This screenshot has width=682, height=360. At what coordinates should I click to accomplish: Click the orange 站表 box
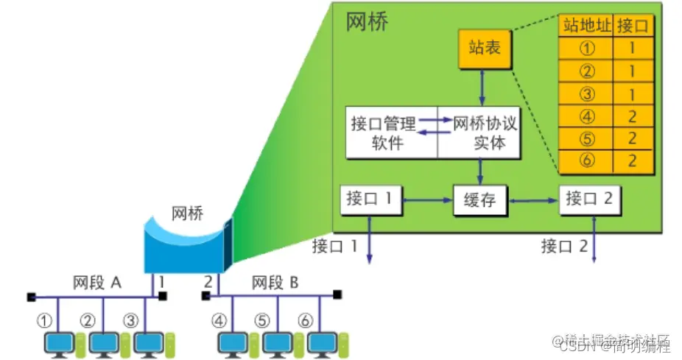pyautogui.click(x=484, y=49)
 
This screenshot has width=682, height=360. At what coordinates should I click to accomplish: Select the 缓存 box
pyautogui.click(x=479, y=200)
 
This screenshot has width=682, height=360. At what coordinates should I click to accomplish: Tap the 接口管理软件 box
pyautogui.click(x=392, y=133)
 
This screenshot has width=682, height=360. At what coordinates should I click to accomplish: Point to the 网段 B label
pyautogui.click(x=276, y=283)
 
